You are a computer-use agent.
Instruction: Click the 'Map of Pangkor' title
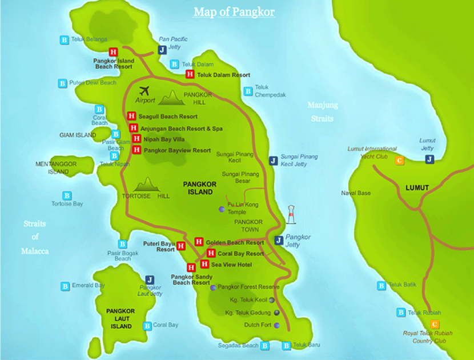coord(234,12)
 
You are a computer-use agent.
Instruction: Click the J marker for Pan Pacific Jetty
coord(162,50)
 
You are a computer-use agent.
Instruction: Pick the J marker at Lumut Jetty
coord(429,159)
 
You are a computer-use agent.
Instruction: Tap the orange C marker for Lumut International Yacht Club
coord(400,161)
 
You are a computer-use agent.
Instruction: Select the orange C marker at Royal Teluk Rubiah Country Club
coord(435,324)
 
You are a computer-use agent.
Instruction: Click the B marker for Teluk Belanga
coord(65,39)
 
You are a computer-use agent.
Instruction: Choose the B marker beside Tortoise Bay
coord(66,195)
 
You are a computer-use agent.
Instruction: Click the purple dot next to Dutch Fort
coord(277,325)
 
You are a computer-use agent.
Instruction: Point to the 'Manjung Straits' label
coord(323,112)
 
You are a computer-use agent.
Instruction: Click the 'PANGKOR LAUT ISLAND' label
coord(120,319)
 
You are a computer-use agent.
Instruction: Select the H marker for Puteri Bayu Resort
coord(181,246)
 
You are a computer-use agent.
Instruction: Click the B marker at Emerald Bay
coord(65,286)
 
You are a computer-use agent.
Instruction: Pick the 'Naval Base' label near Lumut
coord(356,193)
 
